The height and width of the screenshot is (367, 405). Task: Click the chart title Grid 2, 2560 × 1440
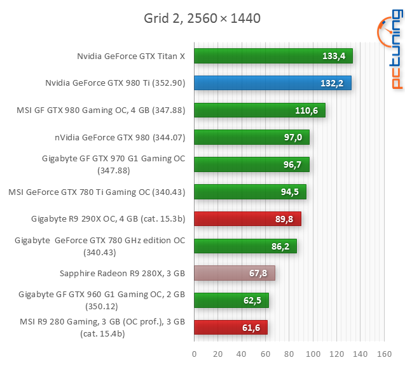pos(202,18)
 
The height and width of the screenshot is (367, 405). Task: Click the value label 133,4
pos(333,56)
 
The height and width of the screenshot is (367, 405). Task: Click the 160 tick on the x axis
pos(383,354)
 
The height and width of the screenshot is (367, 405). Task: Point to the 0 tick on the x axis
pos(194,354)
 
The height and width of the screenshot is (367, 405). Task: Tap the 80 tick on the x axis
pos(289,354)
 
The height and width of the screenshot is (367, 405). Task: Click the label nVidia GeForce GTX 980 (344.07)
pos(120,137)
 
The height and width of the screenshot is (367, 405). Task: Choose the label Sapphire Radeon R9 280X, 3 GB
pos(121,273)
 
